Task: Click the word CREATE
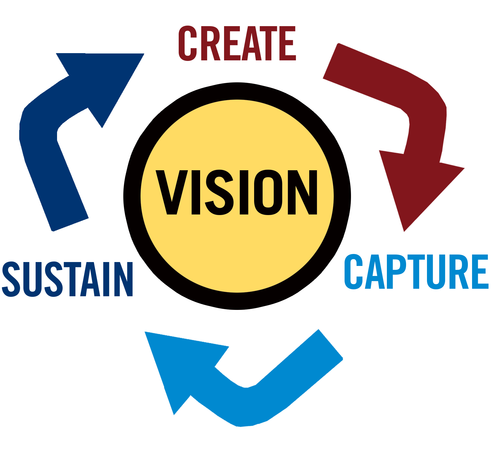(x=237, y=43)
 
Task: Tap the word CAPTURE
(x=416, y=272)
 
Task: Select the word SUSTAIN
(x=67, y=279)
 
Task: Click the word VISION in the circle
(x=237, y=193)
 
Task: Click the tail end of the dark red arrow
(x=330, y=61)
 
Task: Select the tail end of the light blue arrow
(x=331, y=344)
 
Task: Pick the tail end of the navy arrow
(x=70, y=225)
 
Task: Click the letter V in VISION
(x=172, y=192)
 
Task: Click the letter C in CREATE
(x=188, y=43)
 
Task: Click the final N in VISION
(x=303, y=192)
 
